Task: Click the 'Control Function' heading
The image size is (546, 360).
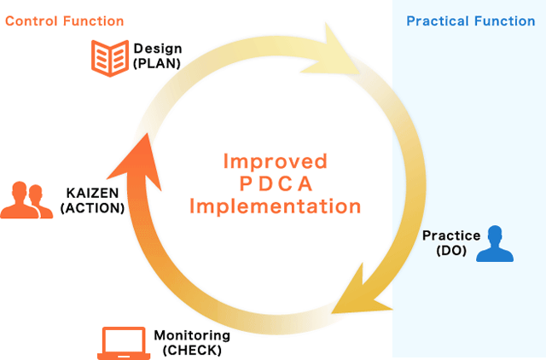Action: (x=65, y=21)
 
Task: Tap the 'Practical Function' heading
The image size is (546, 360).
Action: (x=471, y=21)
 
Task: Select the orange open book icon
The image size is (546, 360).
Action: (x=110, y=58)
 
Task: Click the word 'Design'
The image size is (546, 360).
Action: (x=158, y=49)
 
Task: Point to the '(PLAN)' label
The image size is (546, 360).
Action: (x=157, y=63)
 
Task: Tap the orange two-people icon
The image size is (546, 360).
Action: (x=26, y=200)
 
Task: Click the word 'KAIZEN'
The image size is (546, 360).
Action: (x=93, y=193)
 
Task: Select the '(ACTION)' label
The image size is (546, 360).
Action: (x=93, y=208)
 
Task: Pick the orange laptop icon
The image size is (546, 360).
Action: (x=124, y=343)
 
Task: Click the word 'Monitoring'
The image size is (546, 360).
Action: (x=192, y=335)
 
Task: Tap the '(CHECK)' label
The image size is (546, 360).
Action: (x=192, y=350)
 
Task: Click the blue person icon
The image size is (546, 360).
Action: (x=495, y=243)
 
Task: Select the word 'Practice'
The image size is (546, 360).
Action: (x=451, y=235)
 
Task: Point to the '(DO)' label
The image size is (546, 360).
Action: (x=451, y=250)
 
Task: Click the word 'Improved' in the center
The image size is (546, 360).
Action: (x=275, y=161)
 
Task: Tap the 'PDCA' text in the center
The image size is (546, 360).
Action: (x=276, y=183)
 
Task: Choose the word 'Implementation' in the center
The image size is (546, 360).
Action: (x=275, y=206)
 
